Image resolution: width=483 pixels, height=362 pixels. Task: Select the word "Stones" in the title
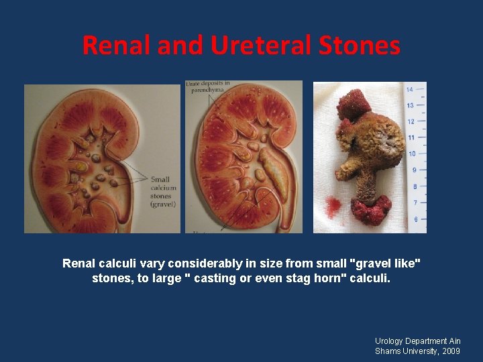(362, 46)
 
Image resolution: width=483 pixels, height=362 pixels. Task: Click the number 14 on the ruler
(410, 89)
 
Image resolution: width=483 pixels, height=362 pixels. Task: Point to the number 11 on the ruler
(411, 137)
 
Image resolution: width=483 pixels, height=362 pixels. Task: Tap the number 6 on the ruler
(416, 219)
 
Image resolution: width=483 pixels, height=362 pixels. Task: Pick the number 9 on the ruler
(413, 170)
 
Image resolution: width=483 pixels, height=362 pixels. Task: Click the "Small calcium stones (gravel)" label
(162, 192)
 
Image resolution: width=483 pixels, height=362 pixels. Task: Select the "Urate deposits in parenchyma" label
(207, 87)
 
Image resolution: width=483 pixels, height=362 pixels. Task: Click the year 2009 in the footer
(450, 351)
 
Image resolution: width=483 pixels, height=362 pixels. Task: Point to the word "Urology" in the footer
(390, 341)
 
